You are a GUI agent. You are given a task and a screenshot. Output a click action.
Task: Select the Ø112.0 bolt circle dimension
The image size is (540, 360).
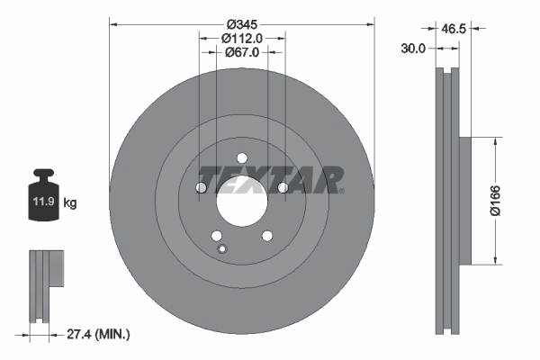tap(242, 38)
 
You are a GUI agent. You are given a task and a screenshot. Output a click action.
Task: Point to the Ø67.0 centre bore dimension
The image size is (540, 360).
tap(242, 53)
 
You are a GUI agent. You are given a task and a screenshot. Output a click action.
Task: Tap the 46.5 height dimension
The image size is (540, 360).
tap(453, 30)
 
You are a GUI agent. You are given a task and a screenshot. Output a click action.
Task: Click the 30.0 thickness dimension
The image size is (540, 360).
tap(413, 49)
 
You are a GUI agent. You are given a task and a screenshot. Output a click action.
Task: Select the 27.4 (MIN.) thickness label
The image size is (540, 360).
tap(99, 334)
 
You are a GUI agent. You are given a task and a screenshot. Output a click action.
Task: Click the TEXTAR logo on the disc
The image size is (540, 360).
tap(270, 179)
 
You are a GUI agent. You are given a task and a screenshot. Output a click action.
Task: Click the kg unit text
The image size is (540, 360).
tap(71, 203)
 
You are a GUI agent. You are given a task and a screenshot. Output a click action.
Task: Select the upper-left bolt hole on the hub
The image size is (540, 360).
tap(201, 188)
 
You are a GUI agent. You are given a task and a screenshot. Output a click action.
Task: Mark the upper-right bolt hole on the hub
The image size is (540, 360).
tap(282, 187)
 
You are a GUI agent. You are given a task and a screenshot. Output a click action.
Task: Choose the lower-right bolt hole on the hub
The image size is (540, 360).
tap(266, 236)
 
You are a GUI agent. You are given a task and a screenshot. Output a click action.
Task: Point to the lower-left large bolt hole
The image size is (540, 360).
tap(216, 236)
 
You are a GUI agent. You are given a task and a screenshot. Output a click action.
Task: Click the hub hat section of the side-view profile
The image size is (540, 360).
tap(463, 201)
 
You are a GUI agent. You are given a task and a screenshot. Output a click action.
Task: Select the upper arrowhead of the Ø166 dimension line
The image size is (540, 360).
tap(493, 141)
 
